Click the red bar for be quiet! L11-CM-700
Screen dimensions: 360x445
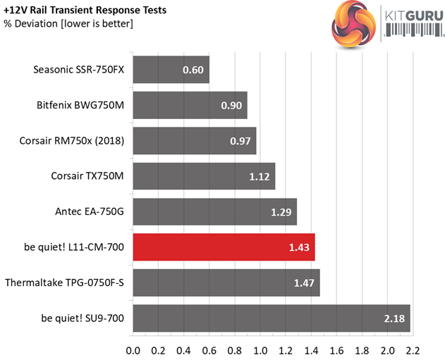[223, 247]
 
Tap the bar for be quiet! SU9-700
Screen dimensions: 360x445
[271, 318]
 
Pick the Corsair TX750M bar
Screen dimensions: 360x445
[203, 176]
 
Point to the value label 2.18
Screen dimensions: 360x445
[396, 319]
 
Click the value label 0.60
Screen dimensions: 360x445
[193, 70]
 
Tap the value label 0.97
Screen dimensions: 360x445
[240, 141]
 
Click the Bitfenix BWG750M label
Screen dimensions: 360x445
[80, 105]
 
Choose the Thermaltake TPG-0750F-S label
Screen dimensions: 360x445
[64, 283]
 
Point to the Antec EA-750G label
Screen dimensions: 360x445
[89, 211]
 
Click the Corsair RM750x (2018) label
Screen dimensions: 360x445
[72, 140]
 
